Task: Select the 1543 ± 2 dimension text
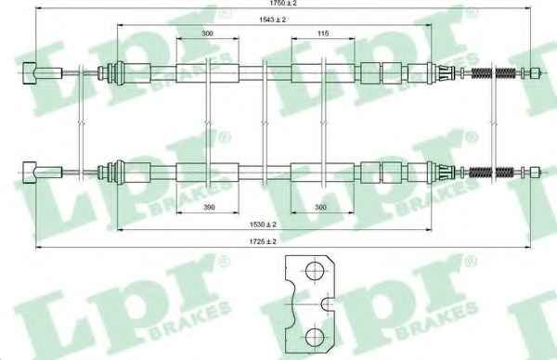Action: coord(272,19)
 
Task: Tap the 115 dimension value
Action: coord(322,33)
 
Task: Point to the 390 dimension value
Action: coord(209,207)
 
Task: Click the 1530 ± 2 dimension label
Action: coord(263,225)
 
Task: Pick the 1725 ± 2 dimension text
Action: coord(263,242)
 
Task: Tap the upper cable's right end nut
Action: coord(535,73)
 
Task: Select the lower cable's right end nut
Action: coord(535,173)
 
